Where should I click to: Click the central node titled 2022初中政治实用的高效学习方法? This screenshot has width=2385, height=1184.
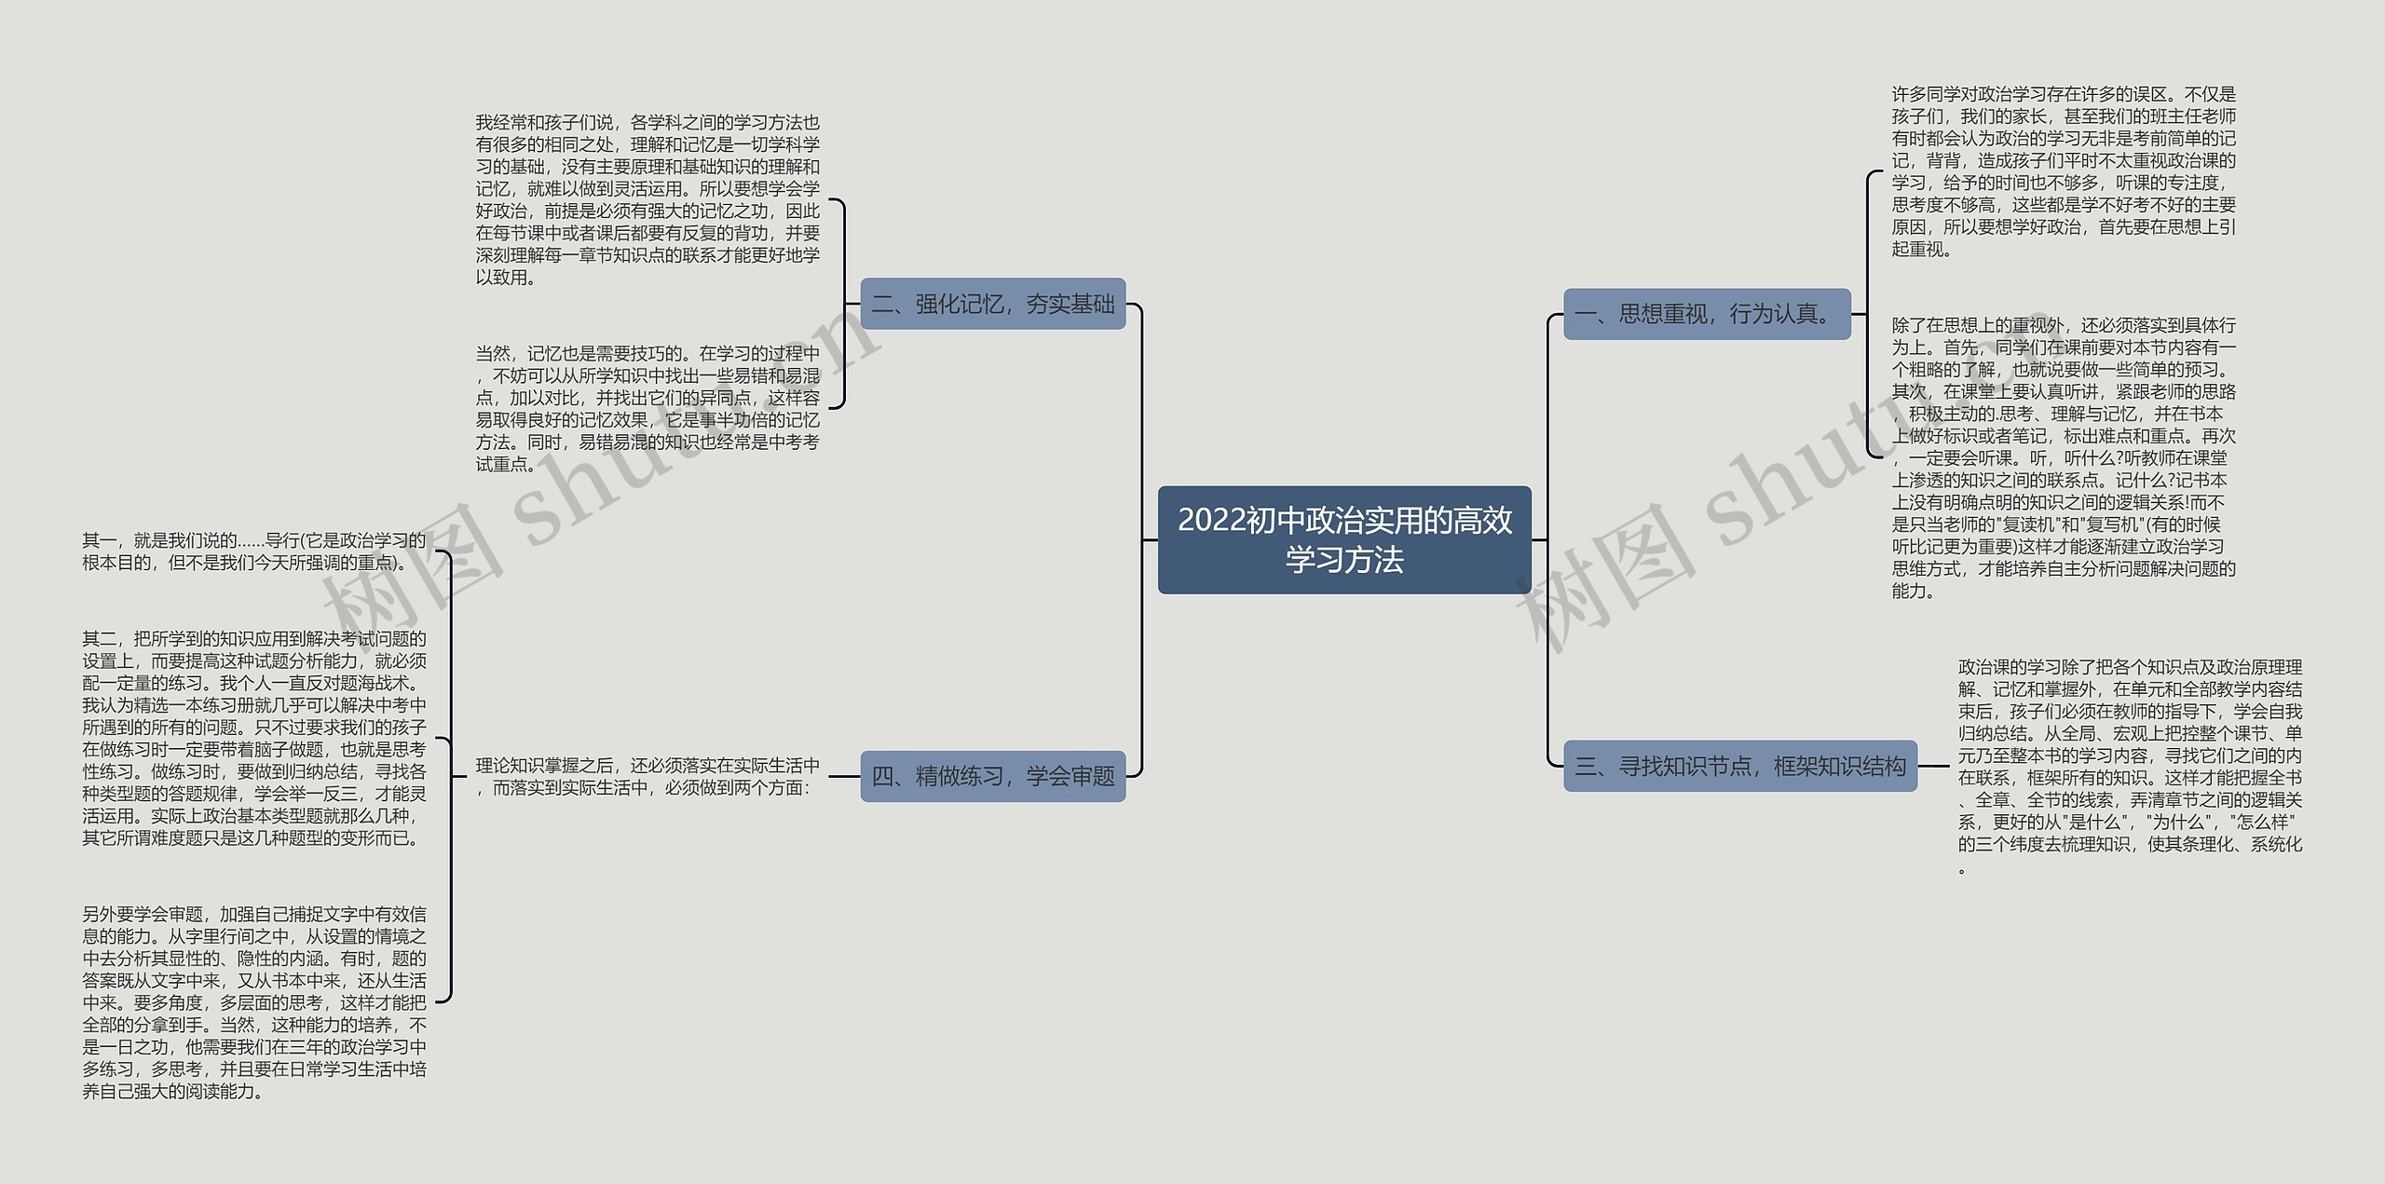pos(1343,539)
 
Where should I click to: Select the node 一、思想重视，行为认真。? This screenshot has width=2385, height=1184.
pos(1706,314)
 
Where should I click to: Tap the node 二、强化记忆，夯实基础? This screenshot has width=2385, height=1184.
pos(992,304)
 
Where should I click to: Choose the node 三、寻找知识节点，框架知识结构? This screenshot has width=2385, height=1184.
pos(1739,767)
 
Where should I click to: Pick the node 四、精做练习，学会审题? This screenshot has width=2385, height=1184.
pos(992,776)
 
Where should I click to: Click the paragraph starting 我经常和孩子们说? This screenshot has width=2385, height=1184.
pos(647,199)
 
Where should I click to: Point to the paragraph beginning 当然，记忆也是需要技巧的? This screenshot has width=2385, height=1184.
pos(647,408)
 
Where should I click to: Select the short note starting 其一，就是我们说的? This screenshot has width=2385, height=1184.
pos(253,551)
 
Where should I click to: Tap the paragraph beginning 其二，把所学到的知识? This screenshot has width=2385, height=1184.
pos(253,739)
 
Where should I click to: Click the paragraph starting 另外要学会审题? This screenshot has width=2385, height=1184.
pos(253,1002)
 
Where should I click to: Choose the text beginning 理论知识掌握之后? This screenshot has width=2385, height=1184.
pos(647,776)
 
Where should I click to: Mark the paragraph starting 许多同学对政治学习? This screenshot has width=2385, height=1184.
pos(2063,171)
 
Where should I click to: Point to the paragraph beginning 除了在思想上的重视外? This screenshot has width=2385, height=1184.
pos(2063,457)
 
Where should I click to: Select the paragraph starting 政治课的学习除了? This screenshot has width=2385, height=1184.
pos(2130,767)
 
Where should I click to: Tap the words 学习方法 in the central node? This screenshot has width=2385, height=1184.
pos(1343,560)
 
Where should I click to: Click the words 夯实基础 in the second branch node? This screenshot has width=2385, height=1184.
pos(1070,304)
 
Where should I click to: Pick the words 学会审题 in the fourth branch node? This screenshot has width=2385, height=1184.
pos(1070,776)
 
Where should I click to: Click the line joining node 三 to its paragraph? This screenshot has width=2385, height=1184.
pos(1933,767)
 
